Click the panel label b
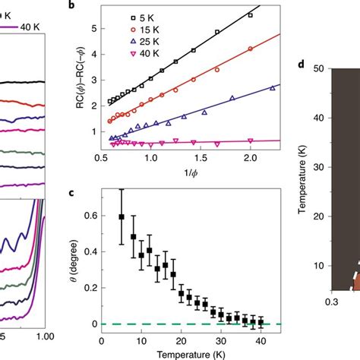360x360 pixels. [92, 5]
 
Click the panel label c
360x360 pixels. [92, 191]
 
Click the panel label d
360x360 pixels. [302, 63]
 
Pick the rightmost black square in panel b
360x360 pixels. [251, 14]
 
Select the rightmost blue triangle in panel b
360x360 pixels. [272, 88]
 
